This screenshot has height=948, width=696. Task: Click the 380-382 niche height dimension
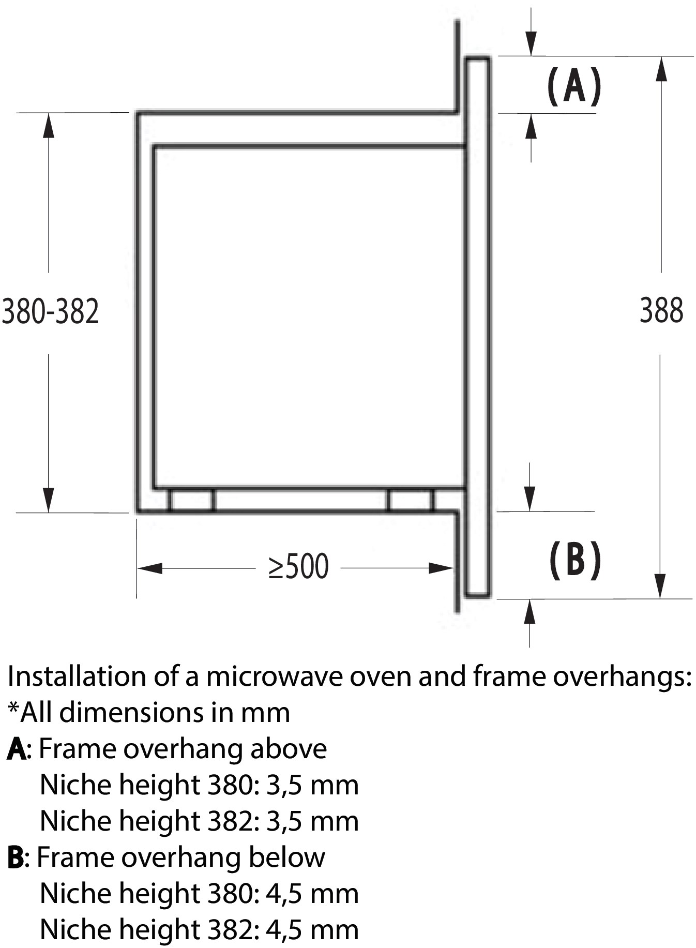[x=50, y=312]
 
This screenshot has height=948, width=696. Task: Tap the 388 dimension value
[x=661, y=311]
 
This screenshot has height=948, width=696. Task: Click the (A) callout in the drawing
[x=574, y=86]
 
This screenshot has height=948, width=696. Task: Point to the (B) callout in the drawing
[x=574, y=560]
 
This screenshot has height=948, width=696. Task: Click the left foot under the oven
[x=191, y=500]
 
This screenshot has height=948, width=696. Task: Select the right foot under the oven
[x=411, y=500]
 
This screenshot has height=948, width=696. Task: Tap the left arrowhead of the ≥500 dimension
[x=149, y=568]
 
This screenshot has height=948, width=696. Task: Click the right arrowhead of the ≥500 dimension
[x=441, y=568]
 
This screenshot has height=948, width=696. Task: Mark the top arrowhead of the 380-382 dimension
[x=49, y=125]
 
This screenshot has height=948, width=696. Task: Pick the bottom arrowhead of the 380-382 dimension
[x=49, y=500]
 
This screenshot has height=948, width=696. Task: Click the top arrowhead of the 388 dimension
[x=661, y=69]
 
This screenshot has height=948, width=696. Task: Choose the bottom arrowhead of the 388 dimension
[x=660, y=586]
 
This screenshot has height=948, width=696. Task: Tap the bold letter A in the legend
[x=17, y=749]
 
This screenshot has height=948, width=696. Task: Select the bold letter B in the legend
[x=16, y=857]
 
